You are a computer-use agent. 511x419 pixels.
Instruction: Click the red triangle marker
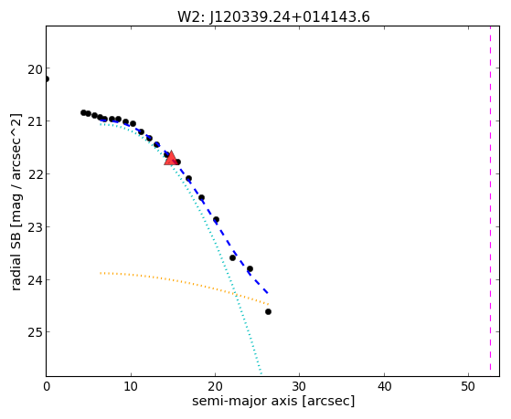(171, 158)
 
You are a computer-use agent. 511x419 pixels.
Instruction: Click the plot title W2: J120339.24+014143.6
(273, 16)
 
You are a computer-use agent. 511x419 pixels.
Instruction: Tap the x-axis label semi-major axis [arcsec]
(273, 401)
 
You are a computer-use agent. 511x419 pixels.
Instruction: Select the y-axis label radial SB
(16, 257)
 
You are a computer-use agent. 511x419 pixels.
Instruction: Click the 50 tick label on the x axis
(468, 386)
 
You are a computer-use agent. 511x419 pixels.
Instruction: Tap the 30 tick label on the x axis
(299, 386)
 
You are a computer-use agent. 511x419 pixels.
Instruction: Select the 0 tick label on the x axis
(47, 386)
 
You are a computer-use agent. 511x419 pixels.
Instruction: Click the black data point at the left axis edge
(47, 79)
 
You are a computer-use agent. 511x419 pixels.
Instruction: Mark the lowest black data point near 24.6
(268, 312)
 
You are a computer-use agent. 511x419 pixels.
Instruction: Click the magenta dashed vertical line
(490, 198)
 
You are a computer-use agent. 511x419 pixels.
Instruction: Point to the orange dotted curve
(185, 282)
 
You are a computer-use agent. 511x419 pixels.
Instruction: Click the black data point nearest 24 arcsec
(250, 269)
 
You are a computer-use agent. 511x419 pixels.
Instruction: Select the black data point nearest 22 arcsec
(233, 257)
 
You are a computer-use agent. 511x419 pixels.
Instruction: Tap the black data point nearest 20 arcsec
(216, 220)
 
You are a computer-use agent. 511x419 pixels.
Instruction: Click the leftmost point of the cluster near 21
(83, 112)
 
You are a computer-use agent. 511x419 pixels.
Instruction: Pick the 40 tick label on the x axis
(384, 386)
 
